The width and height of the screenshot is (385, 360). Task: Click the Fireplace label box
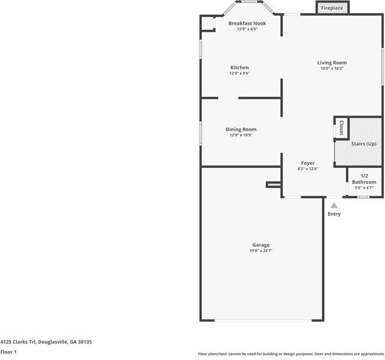(332, 8)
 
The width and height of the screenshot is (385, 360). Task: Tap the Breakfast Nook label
(247, 23)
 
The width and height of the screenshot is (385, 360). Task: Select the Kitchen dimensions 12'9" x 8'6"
(240, 73)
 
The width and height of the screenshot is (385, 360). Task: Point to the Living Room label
(332, 63)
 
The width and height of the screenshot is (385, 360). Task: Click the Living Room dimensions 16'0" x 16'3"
(332, 69)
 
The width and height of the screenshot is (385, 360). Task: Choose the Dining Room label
(241, 129)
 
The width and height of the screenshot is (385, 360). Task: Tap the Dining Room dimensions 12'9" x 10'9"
(241, 135)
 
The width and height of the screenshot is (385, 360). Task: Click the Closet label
(341, 128)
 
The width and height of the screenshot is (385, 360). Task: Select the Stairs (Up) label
(364, 144)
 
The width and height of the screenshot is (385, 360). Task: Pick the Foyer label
(308, 163)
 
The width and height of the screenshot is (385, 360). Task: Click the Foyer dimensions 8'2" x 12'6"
(308, 169)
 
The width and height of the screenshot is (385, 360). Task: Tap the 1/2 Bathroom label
(364, 179)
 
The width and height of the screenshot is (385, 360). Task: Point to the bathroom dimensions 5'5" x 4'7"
(364, 188)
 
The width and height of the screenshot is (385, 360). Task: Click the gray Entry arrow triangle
(334, 206)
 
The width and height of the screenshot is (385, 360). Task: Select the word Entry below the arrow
(334, 214)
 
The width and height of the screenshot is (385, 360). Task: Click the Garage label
(261, 245)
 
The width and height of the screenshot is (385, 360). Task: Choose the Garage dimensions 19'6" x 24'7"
(261, 250)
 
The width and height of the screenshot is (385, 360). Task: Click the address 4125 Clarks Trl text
(19, 342)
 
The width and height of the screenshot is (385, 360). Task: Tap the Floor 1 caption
(8, 352)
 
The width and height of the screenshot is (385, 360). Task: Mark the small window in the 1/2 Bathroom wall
(363, 197)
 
